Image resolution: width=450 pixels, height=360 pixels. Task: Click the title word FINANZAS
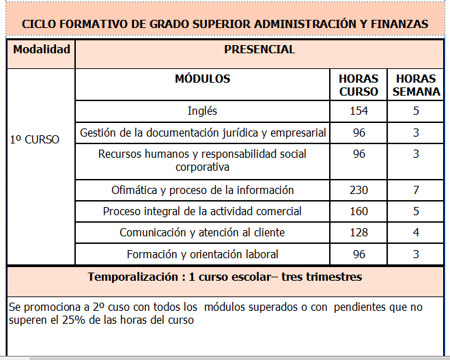[x=398, y=24]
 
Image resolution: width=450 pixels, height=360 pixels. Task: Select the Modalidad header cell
[x=41, y=50]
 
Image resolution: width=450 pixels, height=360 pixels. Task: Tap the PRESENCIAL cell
[x=259, y=50]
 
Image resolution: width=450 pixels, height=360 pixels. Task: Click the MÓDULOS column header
[x=202, y=79]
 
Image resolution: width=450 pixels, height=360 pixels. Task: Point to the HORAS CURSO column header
[x=358, y=85]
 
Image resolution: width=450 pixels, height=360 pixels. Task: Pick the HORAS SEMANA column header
[x=416, y=85]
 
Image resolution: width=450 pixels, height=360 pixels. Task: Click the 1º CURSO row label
[x=35, y=139]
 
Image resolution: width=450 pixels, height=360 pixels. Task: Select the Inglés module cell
[x=202, y=111]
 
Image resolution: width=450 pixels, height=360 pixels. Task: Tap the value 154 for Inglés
[x=358, y=111]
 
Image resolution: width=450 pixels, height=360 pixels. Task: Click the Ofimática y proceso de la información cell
[x=202, y=190]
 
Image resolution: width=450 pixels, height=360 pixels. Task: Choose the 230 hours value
[x=358, y=190]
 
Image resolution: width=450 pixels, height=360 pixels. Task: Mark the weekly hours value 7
[x=416, y=190]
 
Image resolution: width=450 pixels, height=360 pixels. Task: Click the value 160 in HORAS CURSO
[x=358, y=211]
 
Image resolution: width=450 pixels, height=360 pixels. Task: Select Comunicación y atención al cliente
[x=202, y=233]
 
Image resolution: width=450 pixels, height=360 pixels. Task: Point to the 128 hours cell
[x=358, y=233]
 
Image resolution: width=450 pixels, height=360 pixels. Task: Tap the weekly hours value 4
[x=416, y=233]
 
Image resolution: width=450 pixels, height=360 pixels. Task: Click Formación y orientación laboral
[x=202, y=254]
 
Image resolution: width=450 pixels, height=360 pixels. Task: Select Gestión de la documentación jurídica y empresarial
[x=203, y=133]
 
